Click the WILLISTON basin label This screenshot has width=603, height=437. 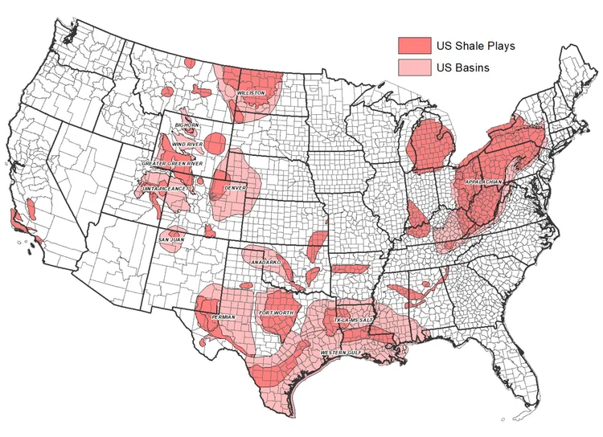(x=251, y=93)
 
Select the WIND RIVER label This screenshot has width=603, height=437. (x=187, y=145)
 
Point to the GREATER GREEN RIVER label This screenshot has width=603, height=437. (x=172, y=163)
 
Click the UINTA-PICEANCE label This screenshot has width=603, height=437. (x=166, y=188)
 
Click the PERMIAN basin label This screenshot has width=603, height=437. (x=223, y=317)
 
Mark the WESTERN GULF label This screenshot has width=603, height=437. (x=340, y=353)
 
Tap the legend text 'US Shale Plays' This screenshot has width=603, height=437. (x=475, y=45)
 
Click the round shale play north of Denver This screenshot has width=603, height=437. (x=215, y=145)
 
